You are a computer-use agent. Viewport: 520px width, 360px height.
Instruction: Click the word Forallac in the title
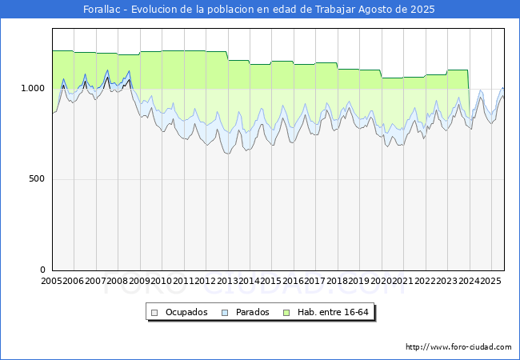tap(102, 10)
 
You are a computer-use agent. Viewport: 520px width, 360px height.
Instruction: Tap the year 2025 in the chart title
tap(422, 10)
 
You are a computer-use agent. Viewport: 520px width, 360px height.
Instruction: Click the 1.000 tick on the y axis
tap(33, 88)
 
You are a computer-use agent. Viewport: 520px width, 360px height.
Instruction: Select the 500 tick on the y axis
tap(37, 178)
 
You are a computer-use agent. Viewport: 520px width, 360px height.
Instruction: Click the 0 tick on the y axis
tap(42, 270)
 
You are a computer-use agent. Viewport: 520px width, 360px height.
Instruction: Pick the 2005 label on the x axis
tap(51, 281)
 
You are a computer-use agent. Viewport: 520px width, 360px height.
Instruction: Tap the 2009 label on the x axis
tap(139, 281)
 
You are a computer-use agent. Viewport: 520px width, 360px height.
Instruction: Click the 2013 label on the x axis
tap(227, 281)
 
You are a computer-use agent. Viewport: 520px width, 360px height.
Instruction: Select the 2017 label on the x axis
tap(314, 281)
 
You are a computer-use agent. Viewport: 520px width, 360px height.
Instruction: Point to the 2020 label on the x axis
tap(381, 281)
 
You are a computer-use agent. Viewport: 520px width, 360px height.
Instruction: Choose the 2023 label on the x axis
tap(446, 281)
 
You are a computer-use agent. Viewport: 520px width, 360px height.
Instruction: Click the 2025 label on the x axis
tap(490, 281)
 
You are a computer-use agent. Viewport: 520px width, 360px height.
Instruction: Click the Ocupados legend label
tap(186, 312)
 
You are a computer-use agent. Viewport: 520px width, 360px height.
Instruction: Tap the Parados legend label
tap(252, 312)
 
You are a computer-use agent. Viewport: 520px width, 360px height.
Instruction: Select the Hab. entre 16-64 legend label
tap(333, 312)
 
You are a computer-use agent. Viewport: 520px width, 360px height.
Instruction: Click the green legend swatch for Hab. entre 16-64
tap(286, 313)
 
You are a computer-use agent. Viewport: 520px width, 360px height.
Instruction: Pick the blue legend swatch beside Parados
tap(225, 313)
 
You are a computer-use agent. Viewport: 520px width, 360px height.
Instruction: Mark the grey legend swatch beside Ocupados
tap(154, 313)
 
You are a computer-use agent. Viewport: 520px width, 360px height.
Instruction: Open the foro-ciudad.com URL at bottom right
tap(458, 347)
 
